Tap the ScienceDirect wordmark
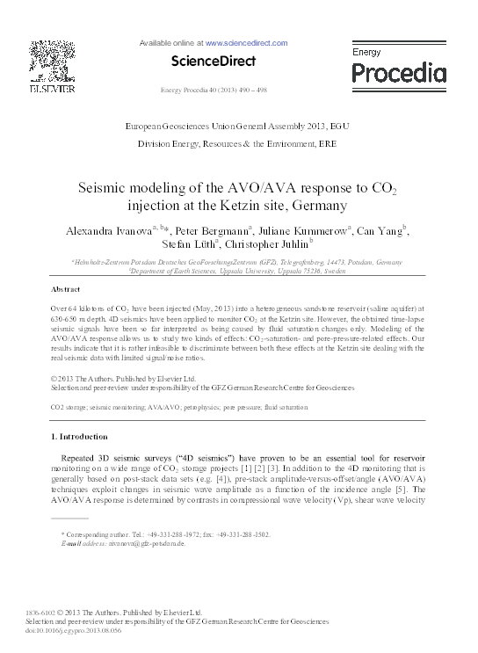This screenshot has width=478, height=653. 214,62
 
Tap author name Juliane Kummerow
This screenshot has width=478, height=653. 302,230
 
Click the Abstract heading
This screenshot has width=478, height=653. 67,289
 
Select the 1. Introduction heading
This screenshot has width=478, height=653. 85,436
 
